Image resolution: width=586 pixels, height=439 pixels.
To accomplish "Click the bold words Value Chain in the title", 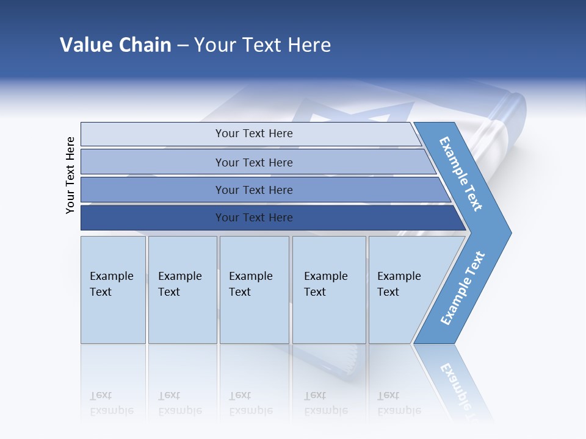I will [115, 45].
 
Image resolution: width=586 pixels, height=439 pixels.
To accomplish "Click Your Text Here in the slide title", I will [262, 45].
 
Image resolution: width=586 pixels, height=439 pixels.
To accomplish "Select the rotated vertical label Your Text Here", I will [70, 175].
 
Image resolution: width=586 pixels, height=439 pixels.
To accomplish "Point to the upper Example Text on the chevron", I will [461, 174].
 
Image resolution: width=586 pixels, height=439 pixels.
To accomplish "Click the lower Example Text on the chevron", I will [462, 288].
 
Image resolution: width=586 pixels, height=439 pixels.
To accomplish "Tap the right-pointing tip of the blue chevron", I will [507, 233].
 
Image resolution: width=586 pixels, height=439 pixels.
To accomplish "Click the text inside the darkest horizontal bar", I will [254, 218].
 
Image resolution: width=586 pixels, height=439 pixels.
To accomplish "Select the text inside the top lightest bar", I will [254, 134].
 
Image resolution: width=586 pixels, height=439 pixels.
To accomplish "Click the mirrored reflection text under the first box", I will [111, 403].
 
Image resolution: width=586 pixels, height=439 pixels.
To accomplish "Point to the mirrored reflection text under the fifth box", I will [399, 403].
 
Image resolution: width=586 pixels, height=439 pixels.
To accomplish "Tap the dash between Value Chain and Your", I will [183, 45].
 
